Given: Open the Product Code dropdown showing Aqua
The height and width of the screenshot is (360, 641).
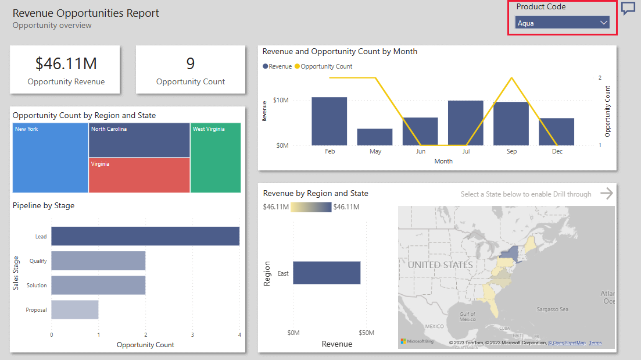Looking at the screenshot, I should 562,23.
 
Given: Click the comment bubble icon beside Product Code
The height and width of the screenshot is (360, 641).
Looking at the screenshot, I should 628,8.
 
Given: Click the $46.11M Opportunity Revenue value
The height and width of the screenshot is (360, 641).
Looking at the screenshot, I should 66,63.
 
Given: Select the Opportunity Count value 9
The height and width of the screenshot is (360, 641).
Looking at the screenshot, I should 191,63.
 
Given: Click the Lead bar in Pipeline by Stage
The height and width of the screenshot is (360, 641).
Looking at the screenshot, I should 145,236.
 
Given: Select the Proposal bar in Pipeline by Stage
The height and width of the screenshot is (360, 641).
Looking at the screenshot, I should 74,309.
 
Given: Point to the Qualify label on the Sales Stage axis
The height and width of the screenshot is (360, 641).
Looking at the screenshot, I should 38,261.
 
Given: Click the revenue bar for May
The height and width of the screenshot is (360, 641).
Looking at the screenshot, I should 375,137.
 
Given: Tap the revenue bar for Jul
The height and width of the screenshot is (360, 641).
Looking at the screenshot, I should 465,123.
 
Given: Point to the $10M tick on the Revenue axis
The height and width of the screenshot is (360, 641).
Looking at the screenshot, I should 281,100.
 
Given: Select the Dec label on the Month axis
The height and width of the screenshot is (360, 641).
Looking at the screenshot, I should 557,151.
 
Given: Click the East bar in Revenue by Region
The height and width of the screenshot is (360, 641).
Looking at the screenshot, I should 327,273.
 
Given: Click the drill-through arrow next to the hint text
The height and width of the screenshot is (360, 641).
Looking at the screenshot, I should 607,194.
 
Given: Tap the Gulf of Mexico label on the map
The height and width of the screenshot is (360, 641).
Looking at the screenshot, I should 467,317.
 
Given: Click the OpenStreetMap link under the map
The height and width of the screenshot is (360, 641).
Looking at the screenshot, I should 567,343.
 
